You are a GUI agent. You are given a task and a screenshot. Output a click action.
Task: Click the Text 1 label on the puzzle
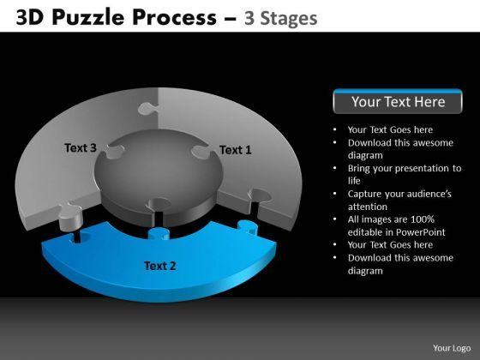pos(236,150)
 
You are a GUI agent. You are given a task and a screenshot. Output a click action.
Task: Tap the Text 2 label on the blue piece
pos(159,266)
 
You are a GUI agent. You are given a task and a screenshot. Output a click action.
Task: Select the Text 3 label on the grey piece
pos(81,147)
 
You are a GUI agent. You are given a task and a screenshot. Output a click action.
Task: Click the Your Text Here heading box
pos(398,101)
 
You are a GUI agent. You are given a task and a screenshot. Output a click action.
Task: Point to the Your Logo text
pos(452,348)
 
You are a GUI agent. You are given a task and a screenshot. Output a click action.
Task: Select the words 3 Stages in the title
pos(281,18)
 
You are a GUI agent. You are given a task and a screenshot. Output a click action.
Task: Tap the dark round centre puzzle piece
pos(159,175)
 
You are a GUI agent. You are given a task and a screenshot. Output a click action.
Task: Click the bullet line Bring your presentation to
pos(405,168)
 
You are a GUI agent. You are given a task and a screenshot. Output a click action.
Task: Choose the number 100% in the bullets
pos(423,219)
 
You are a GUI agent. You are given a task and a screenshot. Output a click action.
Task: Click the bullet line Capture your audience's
pos(399,194)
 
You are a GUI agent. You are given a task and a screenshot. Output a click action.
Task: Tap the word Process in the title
pos(175,17)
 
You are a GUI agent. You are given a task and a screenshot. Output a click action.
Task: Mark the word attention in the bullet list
pos(368,207)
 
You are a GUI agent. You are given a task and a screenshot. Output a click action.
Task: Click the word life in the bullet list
pos(354,181)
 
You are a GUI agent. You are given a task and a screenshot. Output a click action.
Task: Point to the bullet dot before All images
pos(335,219)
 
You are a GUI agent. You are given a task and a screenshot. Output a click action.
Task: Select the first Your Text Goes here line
pos(390,129)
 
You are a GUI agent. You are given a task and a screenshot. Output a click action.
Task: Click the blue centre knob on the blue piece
pos(159,233)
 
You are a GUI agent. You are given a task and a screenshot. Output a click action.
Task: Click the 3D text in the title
pos(30,17)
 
